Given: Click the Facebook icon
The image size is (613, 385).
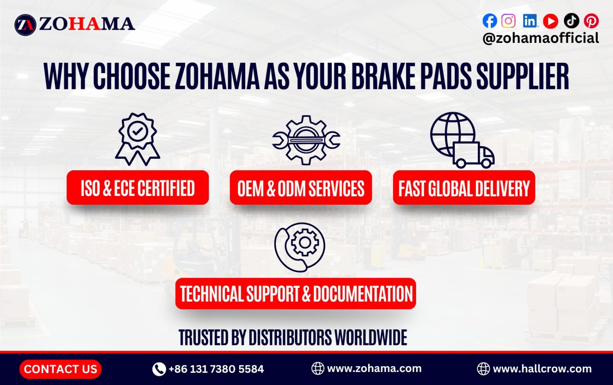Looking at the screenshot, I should tap(490, 20).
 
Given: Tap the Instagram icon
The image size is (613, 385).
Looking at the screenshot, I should tap(508, 20).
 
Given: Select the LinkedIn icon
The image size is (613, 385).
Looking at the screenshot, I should tap(530, 20).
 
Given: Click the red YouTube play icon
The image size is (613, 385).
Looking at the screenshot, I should tap(550, 21).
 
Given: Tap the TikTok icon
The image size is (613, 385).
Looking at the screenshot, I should tap(571, 20).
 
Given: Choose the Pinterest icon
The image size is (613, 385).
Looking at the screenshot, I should tap(591, 20).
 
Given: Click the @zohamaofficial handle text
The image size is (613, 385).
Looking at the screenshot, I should tap(540, 38).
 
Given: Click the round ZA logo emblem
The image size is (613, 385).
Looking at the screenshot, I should tap(25, 24).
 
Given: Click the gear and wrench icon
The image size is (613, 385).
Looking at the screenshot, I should tap(306, 140).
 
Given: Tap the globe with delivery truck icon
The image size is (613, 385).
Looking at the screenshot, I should tap(462, 140).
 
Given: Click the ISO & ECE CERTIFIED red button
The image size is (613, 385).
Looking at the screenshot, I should tap(138, 188).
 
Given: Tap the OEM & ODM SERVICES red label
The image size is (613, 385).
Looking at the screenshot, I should tap(301, 188).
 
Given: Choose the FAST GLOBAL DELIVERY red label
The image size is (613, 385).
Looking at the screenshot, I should tap(464, 188).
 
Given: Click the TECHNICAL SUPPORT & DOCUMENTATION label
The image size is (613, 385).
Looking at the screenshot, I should tap(296, 294).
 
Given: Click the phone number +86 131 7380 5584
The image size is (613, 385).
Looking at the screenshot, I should tap(216, 369).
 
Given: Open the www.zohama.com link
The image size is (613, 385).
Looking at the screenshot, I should tap(374, 368).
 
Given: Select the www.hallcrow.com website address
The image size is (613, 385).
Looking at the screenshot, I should tap(542, 369).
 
